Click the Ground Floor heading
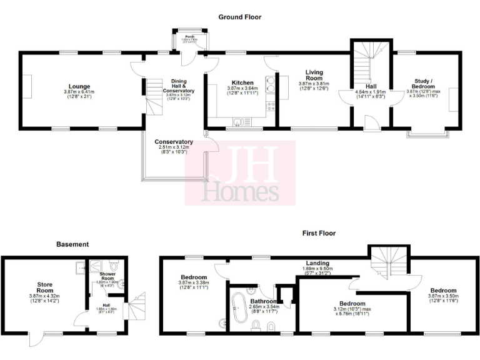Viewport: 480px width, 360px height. (x=240, y=17)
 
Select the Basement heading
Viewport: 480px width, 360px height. (x=72, y=244)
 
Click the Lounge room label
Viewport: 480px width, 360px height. (x=80, y=86)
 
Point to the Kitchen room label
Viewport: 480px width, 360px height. (x=242, y=82)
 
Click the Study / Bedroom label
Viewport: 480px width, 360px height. (x=424, y=84)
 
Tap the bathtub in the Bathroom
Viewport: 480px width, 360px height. (x=238, y=310)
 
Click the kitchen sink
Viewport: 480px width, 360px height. (x=239, y=121)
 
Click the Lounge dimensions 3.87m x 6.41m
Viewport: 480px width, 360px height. (x=80, y=92)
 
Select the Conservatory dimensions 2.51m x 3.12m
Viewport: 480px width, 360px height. (x=173, y=147)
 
